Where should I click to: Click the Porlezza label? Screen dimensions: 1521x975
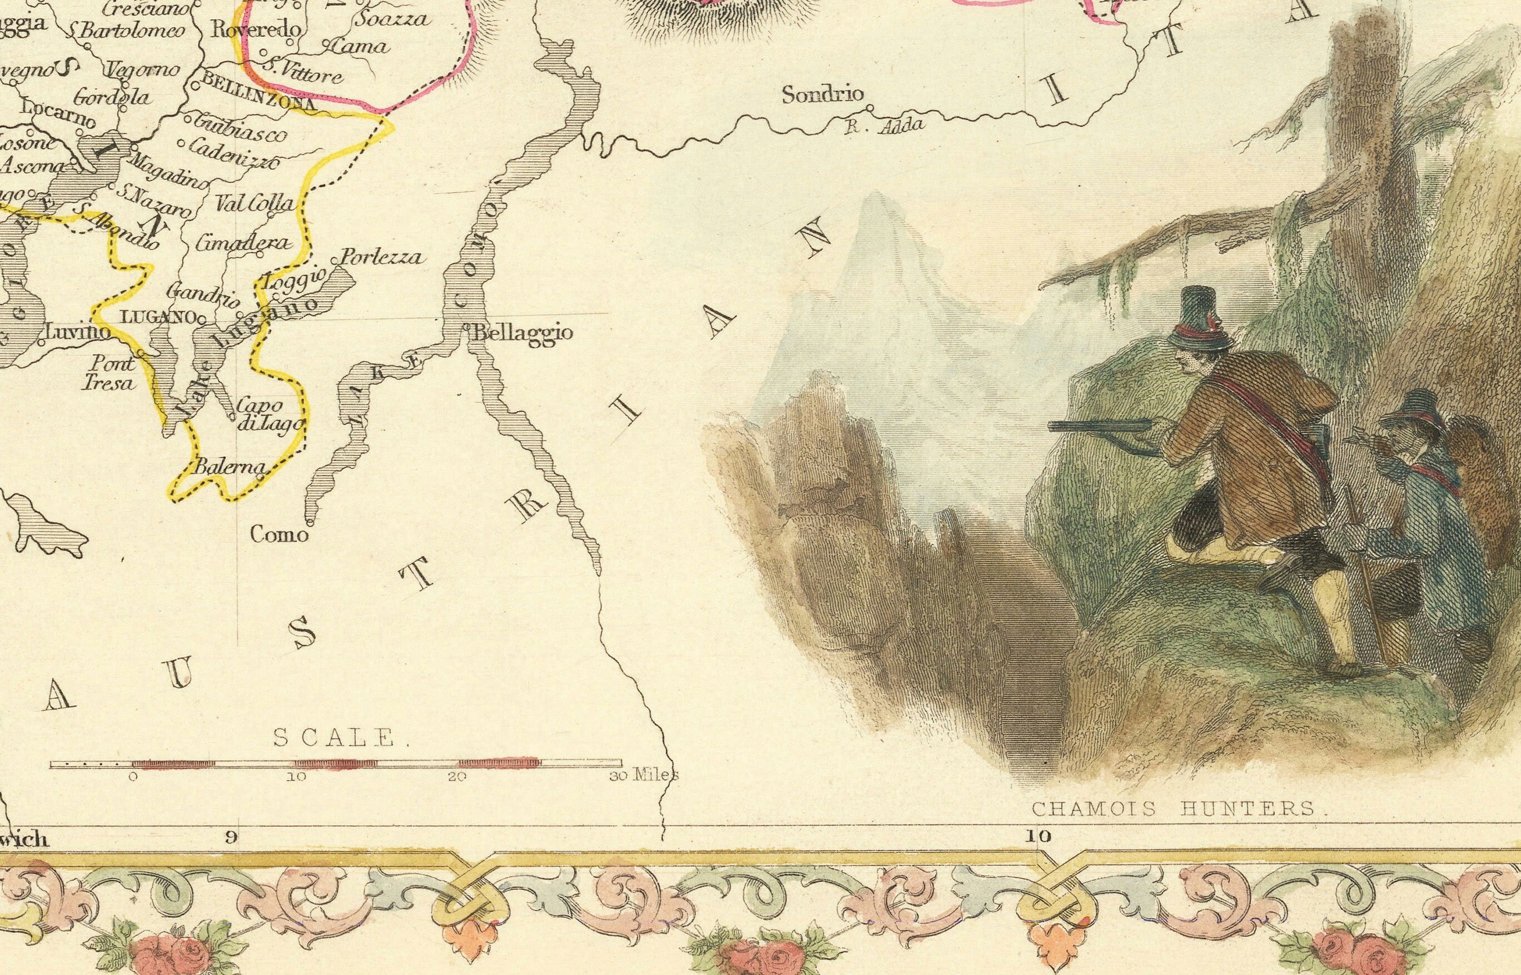pyautogui.click(x=381, y=257)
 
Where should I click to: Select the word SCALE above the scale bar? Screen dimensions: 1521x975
pyautogui.click(x=334, y=737)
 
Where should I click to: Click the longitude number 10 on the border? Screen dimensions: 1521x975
pyautogui.click(x=1038, y=836)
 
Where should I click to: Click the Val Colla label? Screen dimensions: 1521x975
pyautogui.click(x=255, y=203)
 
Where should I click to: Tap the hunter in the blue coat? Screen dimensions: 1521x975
pyautogui.click(x=1406, y=507)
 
